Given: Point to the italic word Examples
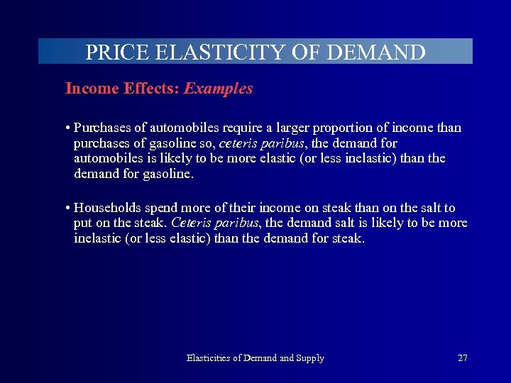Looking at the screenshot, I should (218, 89).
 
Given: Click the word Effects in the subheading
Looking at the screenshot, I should (147, 89).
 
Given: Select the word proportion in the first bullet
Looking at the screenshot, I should (327, 128).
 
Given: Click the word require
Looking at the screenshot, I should (229, 128).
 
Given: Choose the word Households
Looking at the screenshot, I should (107, 208).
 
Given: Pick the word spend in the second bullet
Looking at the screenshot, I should (163, 208).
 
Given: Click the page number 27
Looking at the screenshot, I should (463, 358).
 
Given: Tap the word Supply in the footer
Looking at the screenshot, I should (309, 358).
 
